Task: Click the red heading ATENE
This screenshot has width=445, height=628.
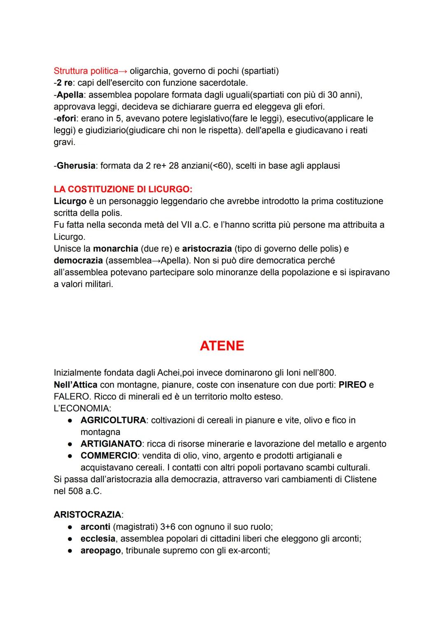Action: pos(222,346)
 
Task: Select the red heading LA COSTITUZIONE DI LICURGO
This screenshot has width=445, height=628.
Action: pos(122,189)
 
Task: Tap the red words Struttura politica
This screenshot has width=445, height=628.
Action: pos(85,71)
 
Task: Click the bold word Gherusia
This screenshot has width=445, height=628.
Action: pos(76,166)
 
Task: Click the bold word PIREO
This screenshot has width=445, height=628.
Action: pos(352,385)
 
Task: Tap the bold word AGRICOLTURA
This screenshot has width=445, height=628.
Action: pos(113,420)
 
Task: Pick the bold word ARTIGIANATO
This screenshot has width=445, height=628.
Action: pos(111,444)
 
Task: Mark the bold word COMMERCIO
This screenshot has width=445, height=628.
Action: pos(109,455)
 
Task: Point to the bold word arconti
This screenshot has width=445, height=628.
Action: pos(95,527)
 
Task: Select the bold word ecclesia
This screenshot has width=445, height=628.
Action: pos(98,539)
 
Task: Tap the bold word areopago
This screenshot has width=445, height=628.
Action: pos(101,551)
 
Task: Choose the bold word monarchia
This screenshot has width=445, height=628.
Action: pos(115,249)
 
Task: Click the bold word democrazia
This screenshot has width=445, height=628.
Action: pos(78,261)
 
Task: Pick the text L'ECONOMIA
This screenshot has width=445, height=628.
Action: pos(82,409)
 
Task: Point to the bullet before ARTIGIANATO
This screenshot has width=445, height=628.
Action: pos(71,444)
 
